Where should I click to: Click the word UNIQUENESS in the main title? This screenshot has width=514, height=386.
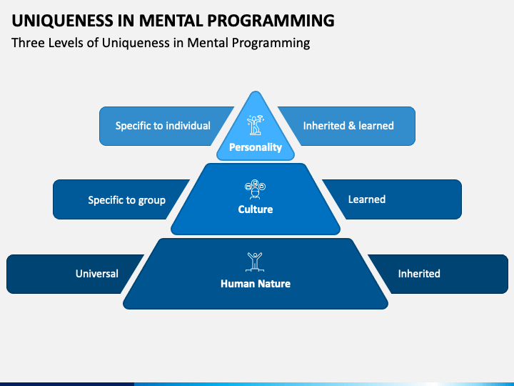[62, 21]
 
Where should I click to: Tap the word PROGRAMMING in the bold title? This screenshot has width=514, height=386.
[271, 20]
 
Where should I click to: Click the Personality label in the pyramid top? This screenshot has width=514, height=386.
[256, 147]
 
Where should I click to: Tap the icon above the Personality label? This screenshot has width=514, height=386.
[256, 124]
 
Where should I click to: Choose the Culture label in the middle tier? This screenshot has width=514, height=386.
[256, 209]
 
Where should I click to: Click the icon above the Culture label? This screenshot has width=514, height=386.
[256, 189]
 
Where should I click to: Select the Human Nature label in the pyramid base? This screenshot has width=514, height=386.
[256, 284]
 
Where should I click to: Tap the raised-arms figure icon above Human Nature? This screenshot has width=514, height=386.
[255, 262]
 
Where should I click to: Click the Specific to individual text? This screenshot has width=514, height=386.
[163, 126]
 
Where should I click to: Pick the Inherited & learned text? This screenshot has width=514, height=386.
[348, 126]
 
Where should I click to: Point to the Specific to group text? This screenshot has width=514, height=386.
[127, 200]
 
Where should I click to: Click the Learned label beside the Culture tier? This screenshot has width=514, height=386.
[367, 199]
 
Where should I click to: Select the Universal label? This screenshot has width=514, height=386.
[97, 274]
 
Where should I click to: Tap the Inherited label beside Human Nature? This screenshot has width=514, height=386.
[419, 274]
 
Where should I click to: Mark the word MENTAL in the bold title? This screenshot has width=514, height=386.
[173, 20]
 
